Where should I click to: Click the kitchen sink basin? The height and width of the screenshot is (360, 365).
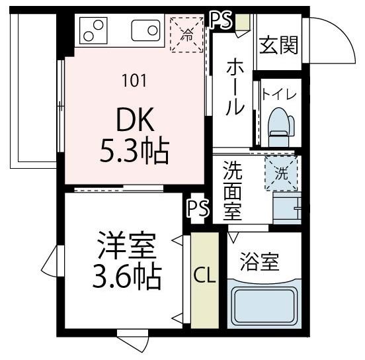pos(145,31)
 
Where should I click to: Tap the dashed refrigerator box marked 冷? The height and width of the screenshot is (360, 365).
pos(188,33)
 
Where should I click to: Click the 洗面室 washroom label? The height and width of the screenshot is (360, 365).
pos(231,192)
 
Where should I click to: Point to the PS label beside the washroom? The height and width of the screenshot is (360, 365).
pos(198,209)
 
